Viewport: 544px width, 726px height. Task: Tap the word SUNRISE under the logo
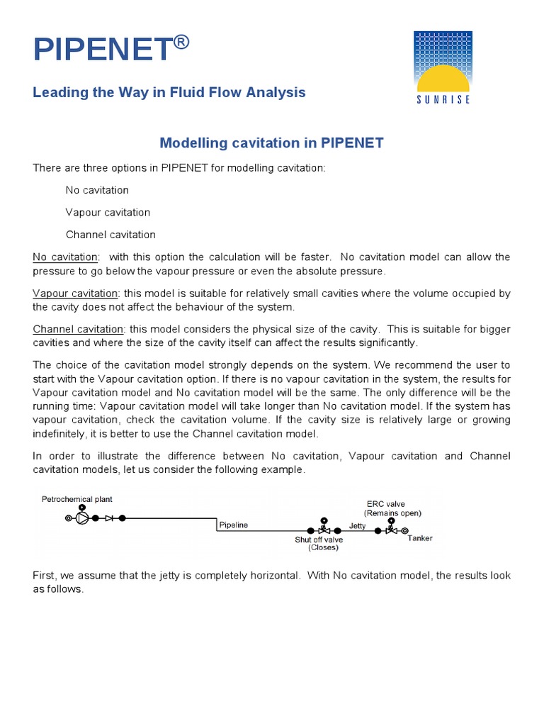coord(443,99)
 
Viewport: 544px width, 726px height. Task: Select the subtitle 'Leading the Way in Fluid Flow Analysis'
coord(169,92)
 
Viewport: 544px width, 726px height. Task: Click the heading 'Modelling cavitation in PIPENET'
coord(271,143)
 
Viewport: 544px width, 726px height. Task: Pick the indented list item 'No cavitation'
coord(97,190)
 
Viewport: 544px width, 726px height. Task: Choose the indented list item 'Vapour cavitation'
coord(108,212)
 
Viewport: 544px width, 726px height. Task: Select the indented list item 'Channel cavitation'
coord(110,234)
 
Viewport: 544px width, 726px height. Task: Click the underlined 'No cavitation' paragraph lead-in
coord(66,257)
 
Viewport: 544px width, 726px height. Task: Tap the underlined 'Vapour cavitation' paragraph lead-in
coord(75,293)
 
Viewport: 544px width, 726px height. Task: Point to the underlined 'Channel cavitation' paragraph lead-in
coord(78,329)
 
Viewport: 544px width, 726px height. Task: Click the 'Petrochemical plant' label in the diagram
coord(76,499)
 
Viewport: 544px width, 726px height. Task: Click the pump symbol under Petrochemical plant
coord(83,518)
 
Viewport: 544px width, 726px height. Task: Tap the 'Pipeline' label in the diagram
coord(232,525)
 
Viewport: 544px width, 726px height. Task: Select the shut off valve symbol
coord(324,529)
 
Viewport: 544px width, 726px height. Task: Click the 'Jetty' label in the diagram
coord(358,525)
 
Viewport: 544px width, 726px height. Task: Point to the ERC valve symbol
coord(390,529)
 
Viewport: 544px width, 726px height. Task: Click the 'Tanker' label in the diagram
coord(420,538)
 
